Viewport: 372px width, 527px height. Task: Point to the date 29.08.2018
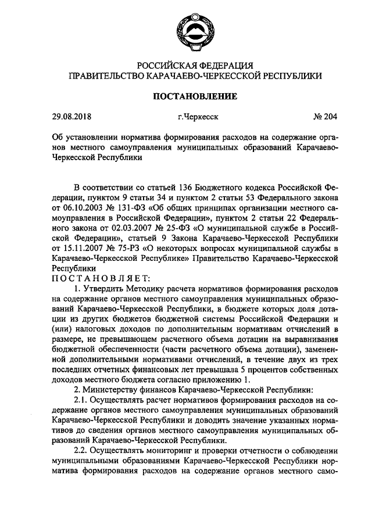(72, 116)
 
